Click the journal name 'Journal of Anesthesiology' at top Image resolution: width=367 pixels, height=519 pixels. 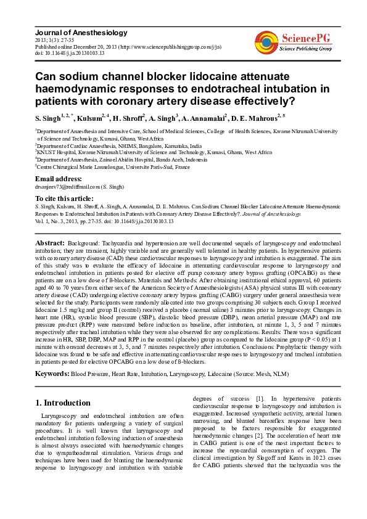81,33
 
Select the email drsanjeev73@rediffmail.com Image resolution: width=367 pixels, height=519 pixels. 67,186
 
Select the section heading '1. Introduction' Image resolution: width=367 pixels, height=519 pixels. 63,403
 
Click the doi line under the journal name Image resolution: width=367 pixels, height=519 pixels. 70,53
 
